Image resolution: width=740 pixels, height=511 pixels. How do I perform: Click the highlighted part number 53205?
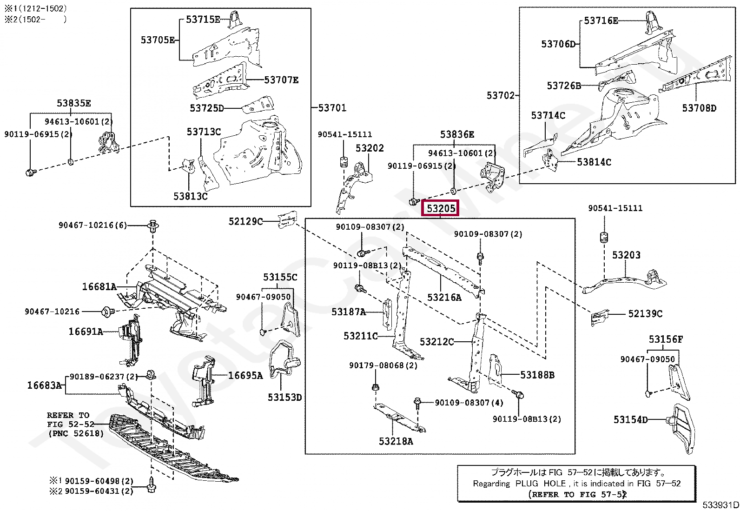coord(440,208)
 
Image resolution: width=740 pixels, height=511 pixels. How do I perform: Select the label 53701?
coord(332,108)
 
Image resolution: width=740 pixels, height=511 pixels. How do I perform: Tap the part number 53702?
coord(501,95)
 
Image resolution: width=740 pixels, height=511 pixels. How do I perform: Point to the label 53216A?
coord(444,298)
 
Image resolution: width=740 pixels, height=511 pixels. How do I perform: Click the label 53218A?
coord(396,441)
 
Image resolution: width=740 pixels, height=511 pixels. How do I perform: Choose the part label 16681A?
coord(99,286)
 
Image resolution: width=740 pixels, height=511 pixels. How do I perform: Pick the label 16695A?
coord(245,376)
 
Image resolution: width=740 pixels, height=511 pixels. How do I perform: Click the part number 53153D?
coord(285,397)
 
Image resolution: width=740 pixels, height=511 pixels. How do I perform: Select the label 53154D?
coord(631,420)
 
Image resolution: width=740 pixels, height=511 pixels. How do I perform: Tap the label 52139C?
coord(645,314)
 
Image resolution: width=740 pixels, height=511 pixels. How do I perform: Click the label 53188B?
coord(537,375)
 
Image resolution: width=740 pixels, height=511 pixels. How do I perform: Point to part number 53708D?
coord(700,108)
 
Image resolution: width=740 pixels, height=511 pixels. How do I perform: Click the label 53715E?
coord(203,20)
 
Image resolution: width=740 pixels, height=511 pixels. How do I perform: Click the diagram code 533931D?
coord(720,505)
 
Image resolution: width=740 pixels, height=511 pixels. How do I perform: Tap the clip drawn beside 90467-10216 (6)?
coord(152,226)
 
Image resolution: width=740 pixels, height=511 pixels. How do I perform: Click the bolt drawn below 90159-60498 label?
coord(152,484)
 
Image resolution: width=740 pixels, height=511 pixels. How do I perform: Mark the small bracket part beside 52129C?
coord(287,219)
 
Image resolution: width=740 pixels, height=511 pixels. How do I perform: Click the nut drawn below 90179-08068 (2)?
coord(376,387)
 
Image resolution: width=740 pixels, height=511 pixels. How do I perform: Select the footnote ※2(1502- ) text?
coord(35,20)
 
